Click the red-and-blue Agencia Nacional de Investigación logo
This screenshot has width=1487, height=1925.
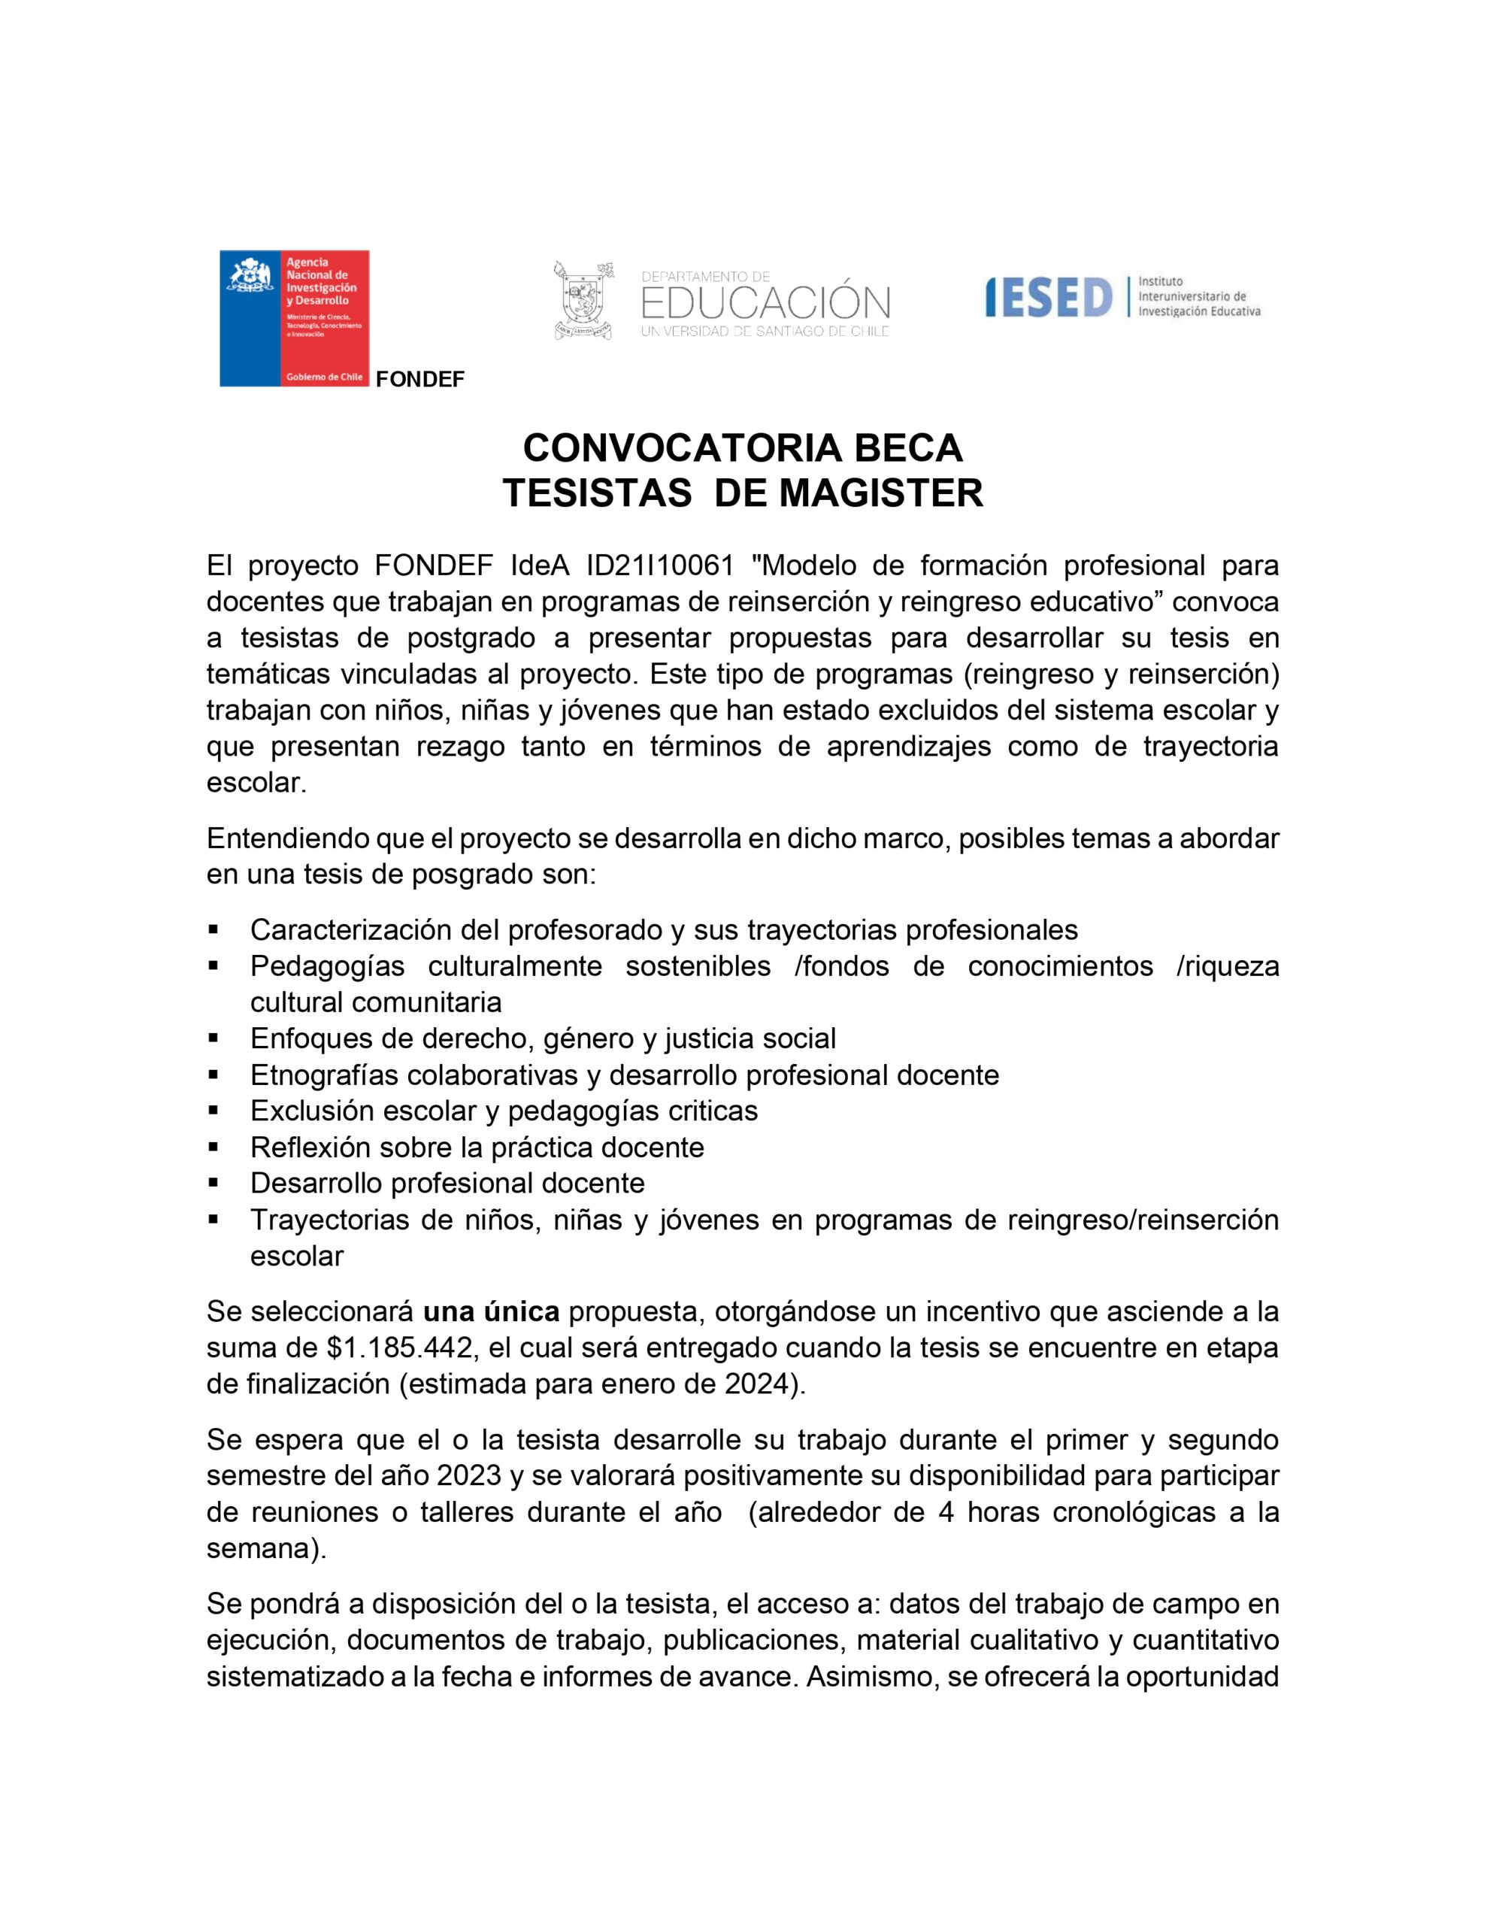point(295,318)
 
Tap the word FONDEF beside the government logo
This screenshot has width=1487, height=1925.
point(419,380)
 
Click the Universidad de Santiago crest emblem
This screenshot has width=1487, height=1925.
point(583,300)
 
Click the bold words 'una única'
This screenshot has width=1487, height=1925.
point(491,1312)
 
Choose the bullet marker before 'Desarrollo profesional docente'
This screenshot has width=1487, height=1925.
point(214,1183)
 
